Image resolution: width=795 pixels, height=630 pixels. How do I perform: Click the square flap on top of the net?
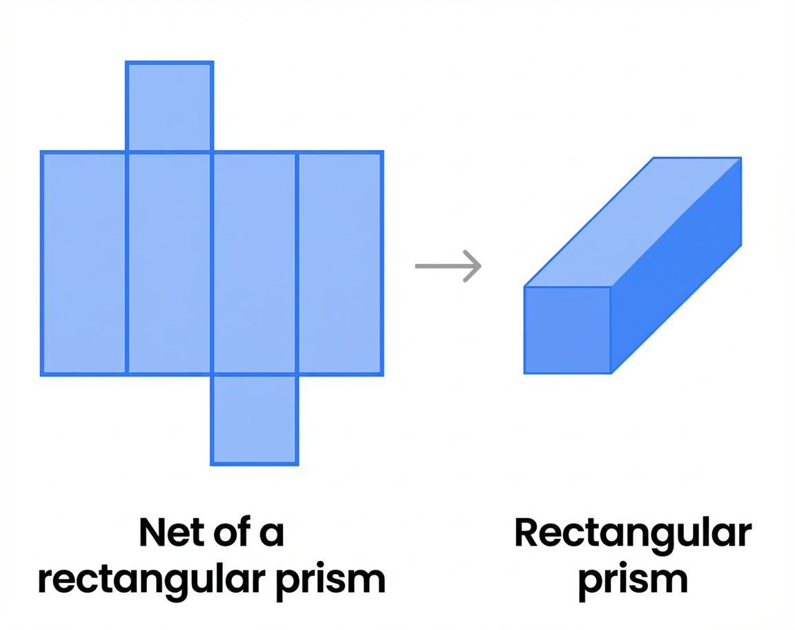click(x=170, y=106)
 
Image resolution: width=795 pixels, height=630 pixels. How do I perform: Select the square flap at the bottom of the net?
click(x=255, y=419)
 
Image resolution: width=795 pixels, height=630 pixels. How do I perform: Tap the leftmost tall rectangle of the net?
click(x=84, y=263)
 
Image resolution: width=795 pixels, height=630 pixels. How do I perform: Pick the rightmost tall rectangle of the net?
click(x=340, y=263)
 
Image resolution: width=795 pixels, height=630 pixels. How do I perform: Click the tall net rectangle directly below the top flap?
click(x=170, y=263)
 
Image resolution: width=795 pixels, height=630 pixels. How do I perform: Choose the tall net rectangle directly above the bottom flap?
click(x=255, y=263)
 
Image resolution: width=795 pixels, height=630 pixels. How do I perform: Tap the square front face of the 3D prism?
click(x=567, y=330)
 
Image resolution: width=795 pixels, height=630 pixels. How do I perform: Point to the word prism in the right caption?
click(x=632, y=579)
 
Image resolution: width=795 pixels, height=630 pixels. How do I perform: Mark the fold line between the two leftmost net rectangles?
click(x=127, y=263)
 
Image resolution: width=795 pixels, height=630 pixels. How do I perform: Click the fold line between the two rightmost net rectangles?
click(x=297, y=263)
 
